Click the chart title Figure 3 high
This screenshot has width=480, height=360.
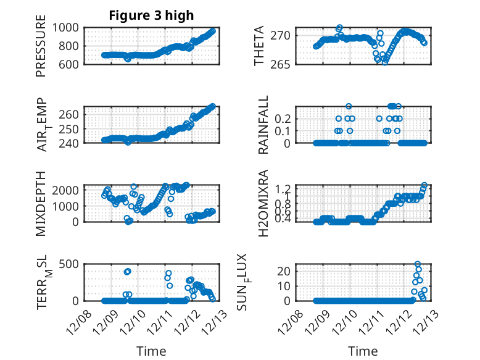point(151,15)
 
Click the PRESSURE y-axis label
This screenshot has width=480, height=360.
point(41,50)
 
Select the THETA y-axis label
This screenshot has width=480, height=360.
point(260,46)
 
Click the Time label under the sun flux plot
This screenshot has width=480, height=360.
point(363,351)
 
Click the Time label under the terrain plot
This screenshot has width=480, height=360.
point(151,351)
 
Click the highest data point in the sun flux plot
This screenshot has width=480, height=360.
point(418,264)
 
